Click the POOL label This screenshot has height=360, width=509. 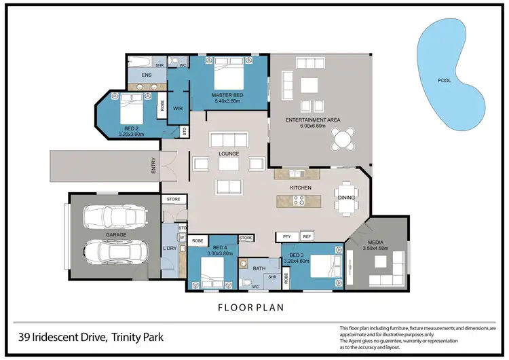tap(445, 80)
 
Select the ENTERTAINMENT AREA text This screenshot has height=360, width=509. tap(312, 120)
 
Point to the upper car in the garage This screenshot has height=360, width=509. tap(115, 218)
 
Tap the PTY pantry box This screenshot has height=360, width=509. tap(287, 236)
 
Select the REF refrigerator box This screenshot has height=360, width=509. tap(306, 236)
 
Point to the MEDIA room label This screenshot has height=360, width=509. tap(376, 242)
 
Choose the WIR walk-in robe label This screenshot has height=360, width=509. tap(178, 108)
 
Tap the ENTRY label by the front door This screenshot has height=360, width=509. tap(153, 166)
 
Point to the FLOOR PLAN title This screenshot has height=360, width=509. tap(250, 307)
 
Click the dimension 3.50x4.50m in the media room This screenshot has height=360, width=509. tap(376, 249)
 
